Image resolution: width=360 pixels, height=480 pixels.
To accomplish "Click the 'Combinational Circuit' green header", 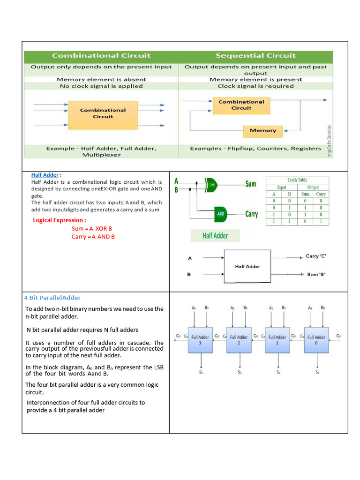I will pyautogui.click(x=101, y=56).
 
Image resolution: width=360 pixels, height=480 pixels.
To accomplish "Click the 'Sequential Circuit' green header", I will pyautogui.click(x=255, y=56).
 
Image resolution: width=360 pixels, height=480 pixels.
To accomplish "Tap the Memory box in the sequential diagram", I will pyautogui.click(x=263, y=131).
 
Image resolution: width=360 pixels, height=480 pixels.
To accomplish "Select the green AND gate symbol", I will pyautogui.click(x=221, y=214).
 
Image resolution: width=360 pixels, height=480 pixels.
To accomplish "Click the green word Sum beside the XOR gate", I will pyautogui.click(x=251, y=184).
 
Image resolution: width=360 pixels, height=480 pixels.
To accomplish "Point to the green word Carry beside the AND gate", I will pyautogui.click(x=252, y=214).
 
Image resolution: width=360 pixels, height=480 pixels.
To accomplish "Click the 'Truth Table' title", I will pyautogui.click(x=298, y=180).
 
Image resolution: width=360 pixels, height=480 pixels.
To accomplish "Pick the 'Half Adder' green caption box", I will pyautogui.click(x=215, y=236).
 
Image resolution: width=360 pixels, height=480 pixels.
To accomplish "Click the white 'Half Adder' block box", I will pyautogui.click(x=247, y=266).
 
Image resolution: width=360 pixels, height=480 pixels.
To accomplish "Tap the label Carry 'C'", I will pyautogui.click(x=319, y=256).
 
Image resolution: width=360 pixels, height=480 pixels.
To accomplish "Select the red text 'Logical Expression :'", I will pyautogui.click(x=60, y=220).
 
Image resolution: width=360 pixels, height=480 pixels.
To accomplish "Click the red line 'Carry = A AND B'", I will pyautogui.click(x=93, y=237).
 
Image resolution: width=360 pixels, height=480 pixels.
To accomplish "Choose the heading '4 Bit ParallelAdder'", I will pyautogui.click(x=52, y=298).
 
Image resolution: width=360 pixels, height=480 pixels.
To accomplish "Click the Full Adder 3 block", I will pyautogui.click(x=200, y=340).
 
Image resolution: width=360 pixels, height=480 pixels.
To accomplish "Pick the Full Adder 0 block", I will pyautogui.click(x=316, y=340).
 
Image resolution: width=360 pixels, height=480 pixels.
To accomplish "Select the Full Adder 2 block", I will pyautogui.click(x=239, y=340).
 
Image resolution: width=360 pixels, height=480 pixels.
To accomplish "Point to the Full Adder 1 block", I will pyautogui.click(x=277, y=340).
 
